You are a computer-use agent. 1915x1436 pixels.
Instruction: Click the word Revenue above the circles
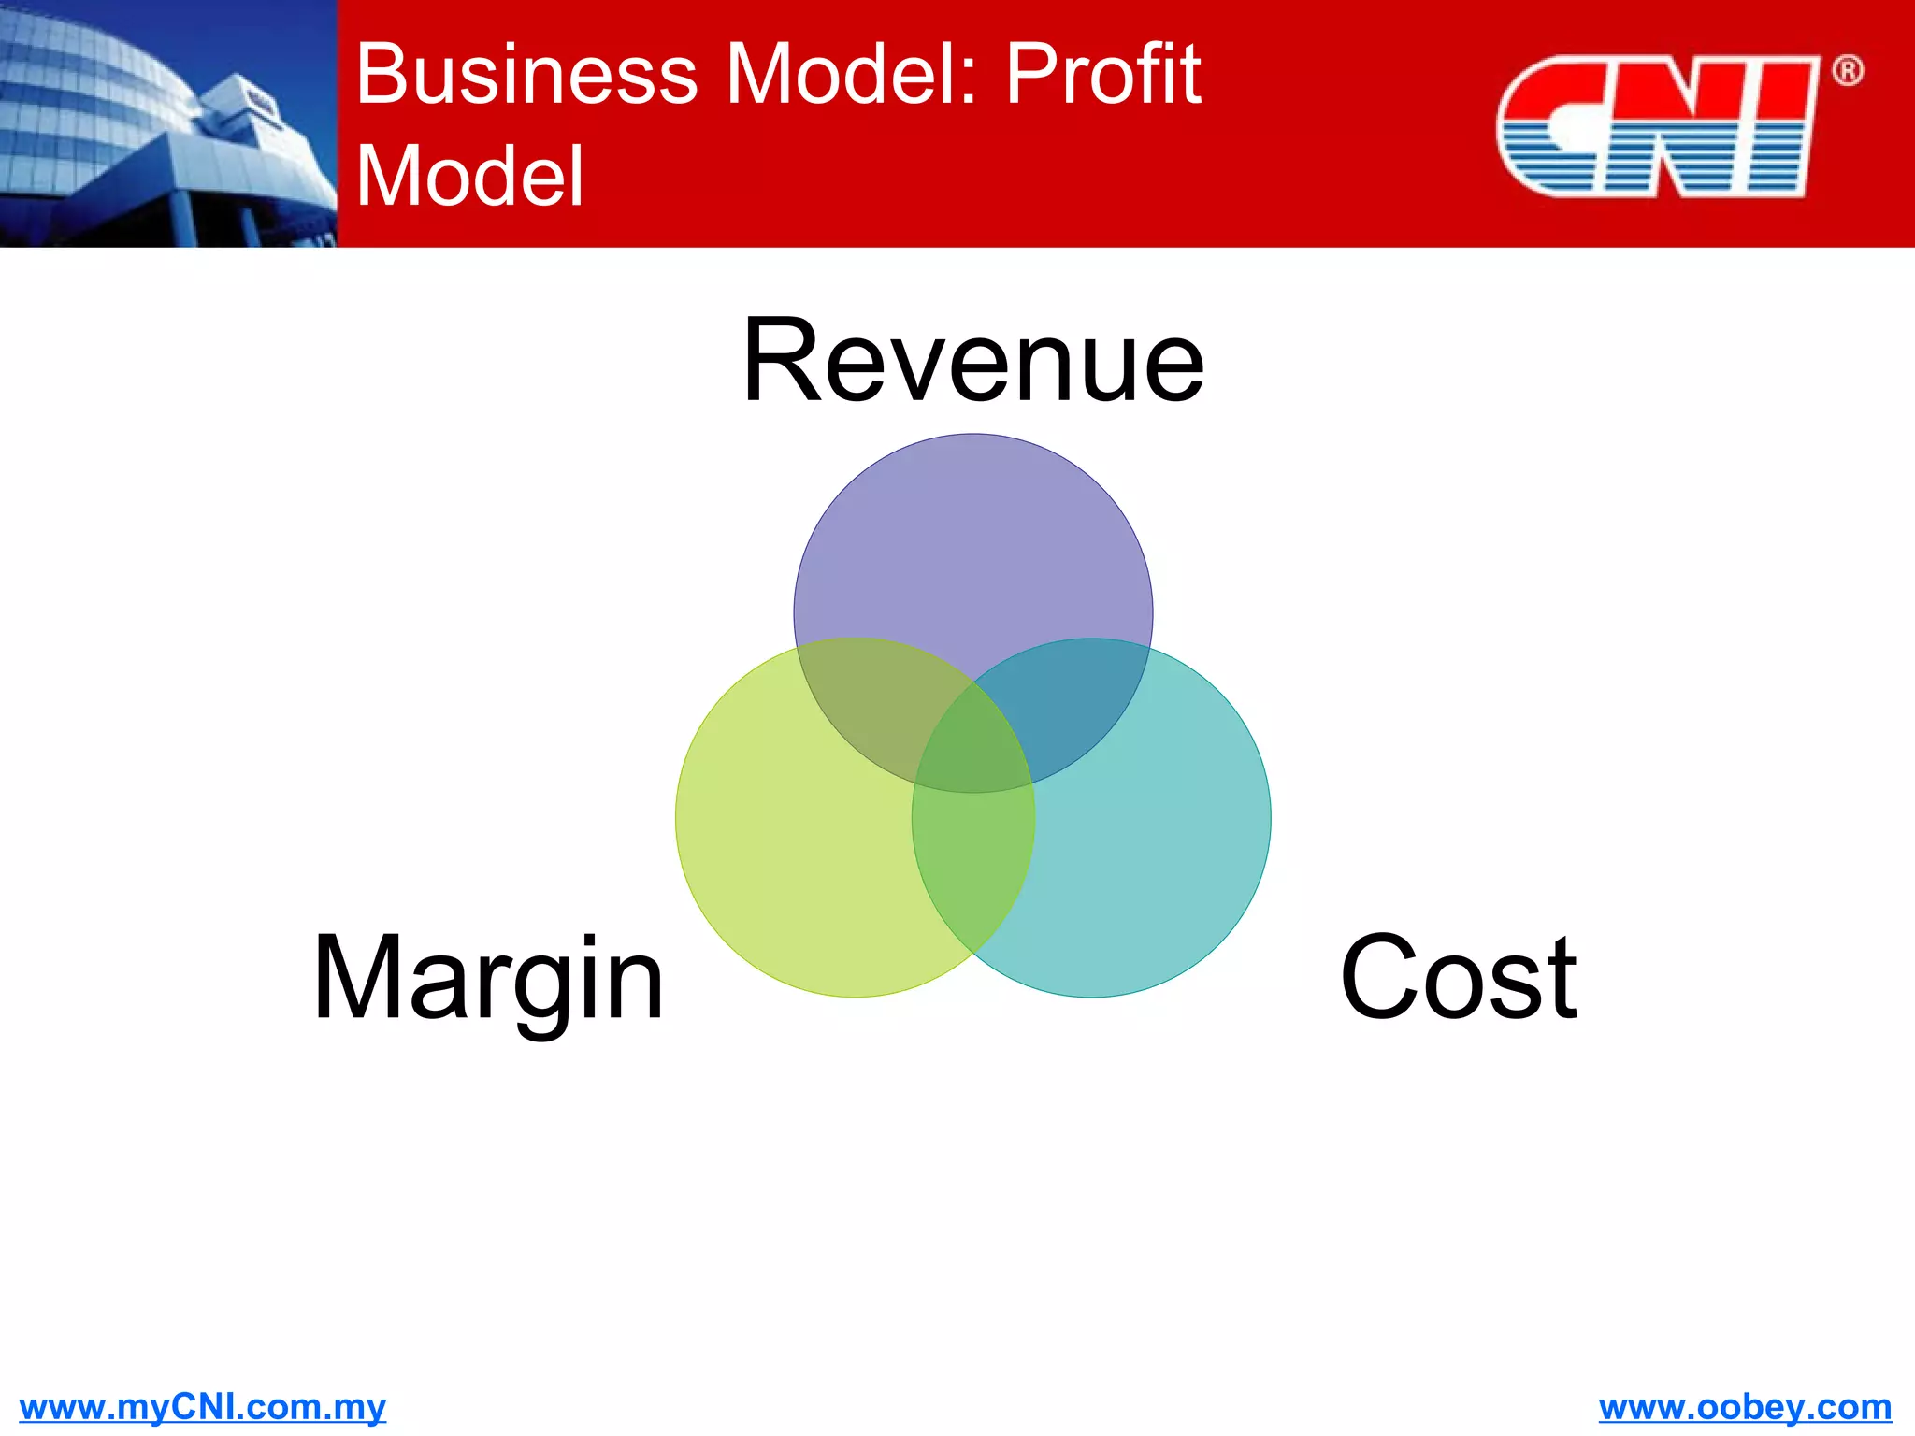pos(972,362)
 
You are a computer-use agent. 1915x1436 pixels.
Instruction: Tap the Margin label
pos(488,979)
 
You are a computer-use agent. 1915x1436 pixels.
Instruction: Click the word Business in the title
pos(526,74)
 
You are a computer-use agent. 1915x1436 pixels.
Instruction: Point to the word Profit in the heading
pos(1103,74)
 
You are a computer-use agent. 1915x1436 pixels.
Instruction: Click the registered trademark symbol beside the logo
pos(1847,71)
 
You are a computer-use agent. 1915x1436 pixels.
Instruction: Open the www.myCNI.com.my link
pos(203,1407)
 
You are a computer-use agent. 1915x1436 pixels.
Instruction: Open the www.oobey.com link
pos(1745,1407)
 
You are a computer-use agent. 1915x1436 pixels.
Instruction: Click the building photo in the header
pos(168,123)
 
